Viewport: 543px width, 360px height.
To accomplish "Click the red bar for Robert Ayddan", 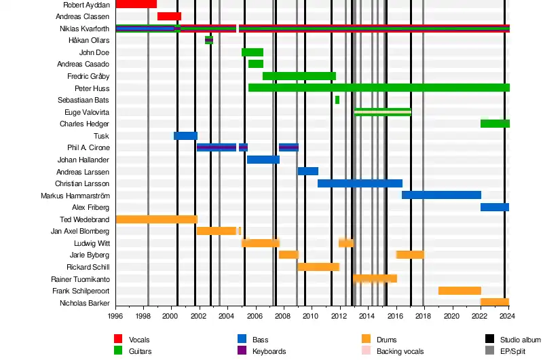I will click(x=136, y=4).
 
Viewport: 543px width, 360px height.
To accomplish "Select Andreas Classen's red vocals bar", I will click(x=169, y=16).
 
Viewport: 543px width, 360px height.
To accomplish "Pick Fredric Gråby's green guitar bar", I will click(x=299, y=76).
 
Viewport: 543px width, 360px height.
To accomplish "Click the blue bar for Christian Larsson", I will click(x=360, y=183).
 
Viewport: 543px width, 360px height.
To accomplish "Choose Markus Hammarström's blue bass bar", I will click(x=441, y=195).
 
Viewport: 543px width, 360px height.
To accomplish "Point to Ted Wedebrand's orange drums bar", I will click(x=156, y=219).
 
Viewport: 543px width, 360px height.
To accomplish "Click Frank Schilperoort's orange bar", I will click(x=460, y=291).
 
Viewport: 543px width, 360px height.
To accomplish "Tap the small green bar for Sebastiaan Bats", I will click(x=337, y=100).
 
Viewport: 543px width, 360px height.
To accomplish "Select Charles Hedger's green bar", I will click(x=495, y=124).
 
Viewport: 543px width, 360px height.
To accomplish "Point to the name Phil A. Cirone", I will click(x=88, y=147).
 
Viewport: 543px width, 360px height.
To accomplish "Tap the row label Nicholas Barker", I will click(x=84, y=303).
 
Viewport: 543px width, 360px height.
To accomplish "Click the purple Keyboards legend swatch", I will click(x=242, y=351).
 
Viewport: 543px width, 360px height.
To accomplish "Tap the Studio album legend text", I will click(x=521, y=340).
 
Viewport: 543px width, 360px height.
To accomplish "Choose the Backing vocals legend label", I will click(x=400, y=351).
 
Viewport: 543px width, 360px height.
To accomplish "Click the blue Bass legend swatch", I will click(x=242, y=339).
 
